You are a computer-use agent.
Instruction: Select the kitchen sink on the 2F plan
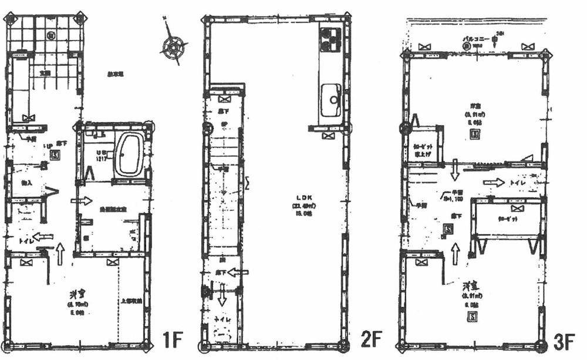click(x=332, y=100)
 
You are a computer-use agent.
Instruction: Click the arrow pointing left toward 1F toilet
click(x=43, y=238)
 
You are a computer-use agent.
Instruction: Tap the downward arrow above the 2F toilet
click(x=222, y=297)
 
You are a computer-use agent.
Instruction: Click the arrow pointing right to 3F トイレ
click(x=492, y=183)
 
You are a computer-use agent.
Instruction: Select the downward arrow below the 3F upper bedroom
click(x=454, y=177)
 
